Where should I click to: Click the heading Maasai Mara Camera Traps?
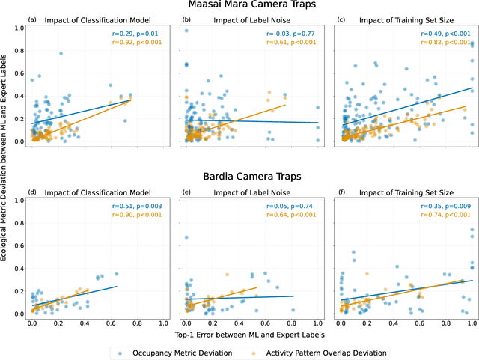tap(252, 6)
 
